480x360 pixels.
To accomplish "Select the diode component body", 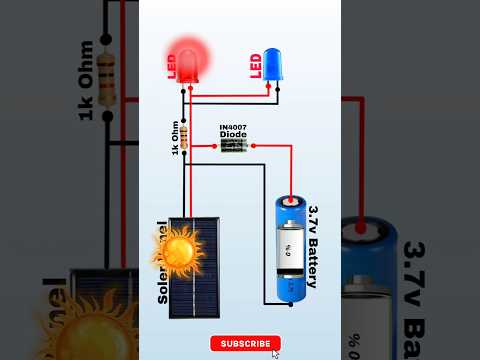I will click(x=234, y=146).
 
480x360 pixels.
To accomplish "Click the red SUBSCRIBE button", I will click(x=245, y=343).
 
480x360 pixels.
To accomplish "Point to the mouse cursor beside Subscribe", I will click(x=275, y=352).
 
